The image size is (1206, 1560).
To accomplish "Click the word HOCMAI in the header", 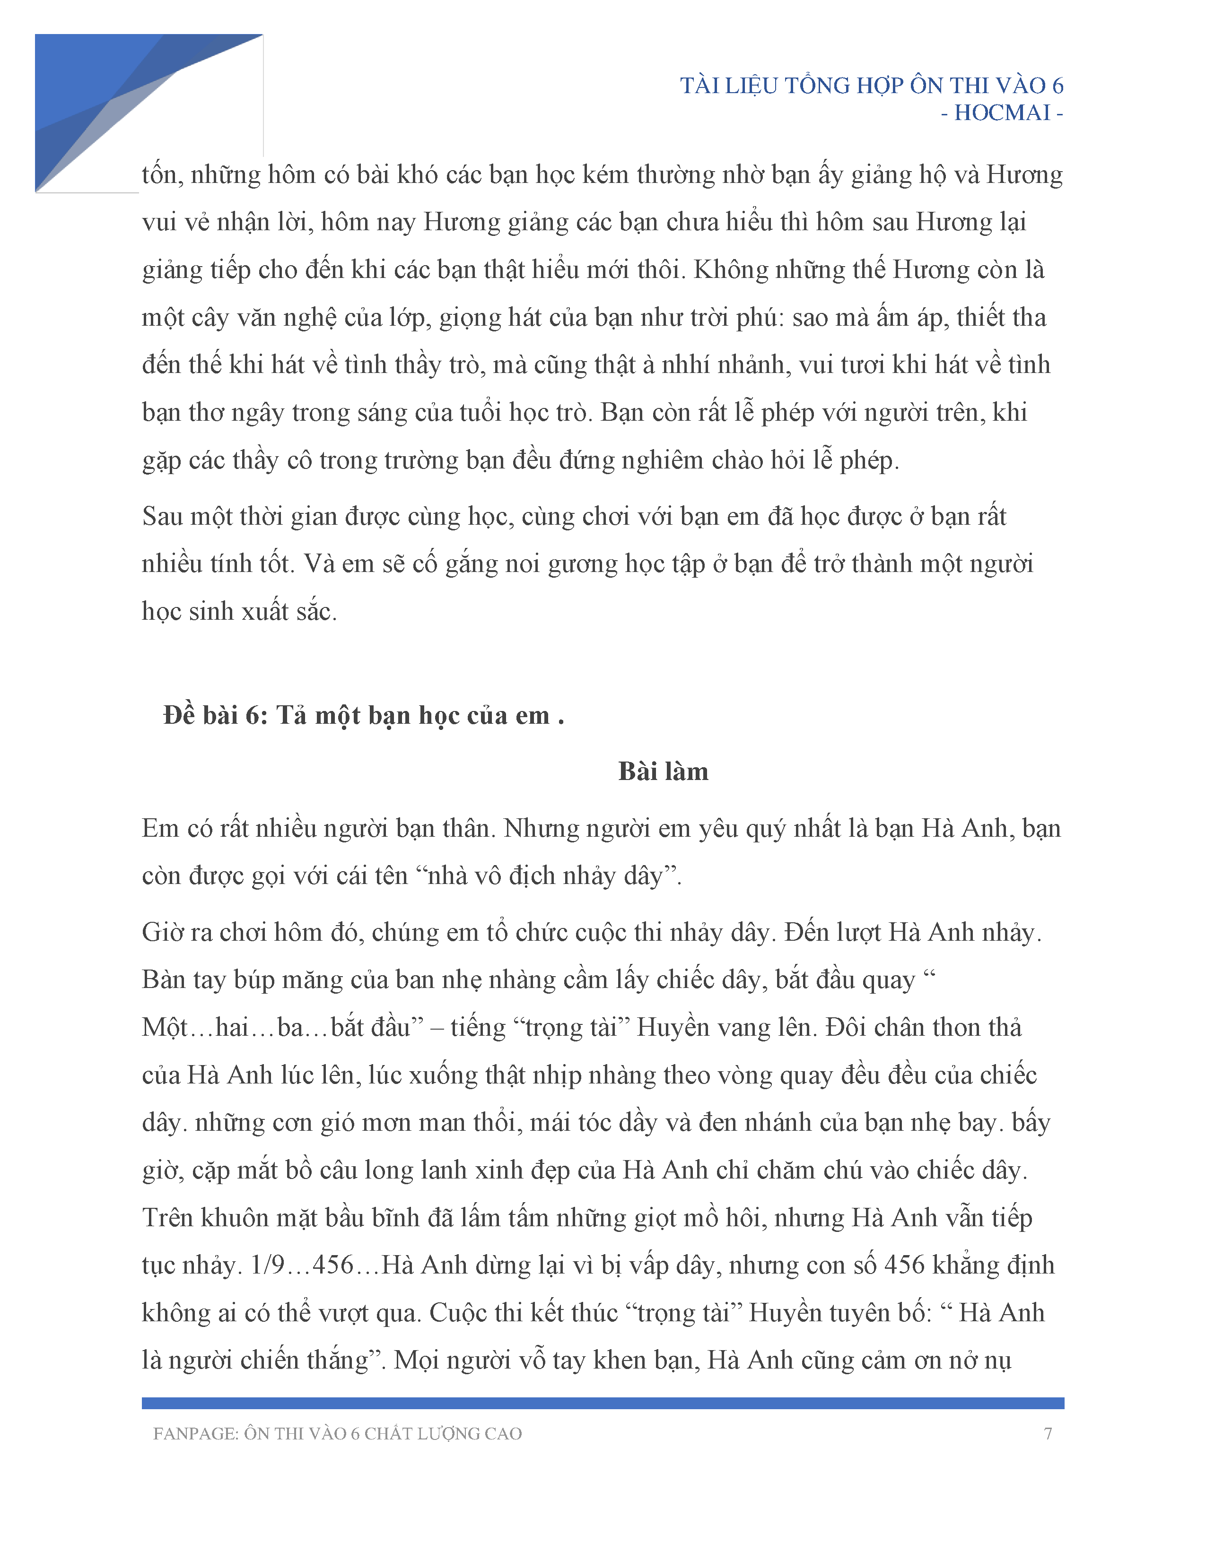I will pyautogui.click(x=1002, y=113).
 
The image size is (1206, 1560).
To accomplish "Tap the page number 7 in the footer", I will pyautogui.click(x=1048, y=1434).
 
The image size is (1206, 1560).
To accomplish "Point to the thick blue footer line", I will pyautogui.click(x=602, y=1404).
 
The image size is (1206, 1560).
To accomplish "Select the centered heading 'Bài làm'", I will pyautogui.click(x=663, y=771).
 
